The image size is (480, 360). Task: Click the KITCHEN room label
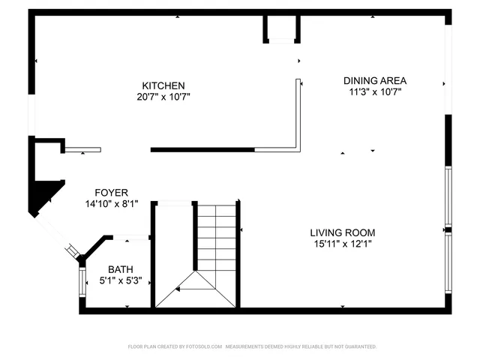click(x=163, y=85)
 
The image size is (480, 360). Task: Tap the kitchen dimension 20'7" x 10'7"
click(x=163, y=97)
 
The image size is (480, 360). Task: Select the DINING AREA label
click(x=375, y=81)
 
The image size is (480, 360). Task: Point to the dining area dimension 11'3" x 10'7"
click(x=375, y=92)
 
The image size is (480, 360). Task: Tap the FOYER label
click(x=111, y=192)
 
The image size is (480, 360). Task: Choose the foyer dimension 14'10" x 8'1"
click(x=111, y=203)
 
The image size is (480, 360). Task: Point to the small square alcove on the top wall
click(x=281, y=28)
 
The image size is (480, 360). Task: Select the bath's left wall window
click(x=82, y=281)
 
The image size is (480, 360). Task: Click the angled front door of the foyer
click(x=57, y=235)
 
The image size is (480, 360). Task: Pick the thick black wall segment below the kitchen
click(x=202, y=150)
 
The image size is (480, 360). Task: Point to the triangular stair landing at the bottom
click(x=195, y=292)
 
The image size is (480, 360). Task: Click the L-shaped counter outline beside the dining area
click(x=297, y=127)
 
